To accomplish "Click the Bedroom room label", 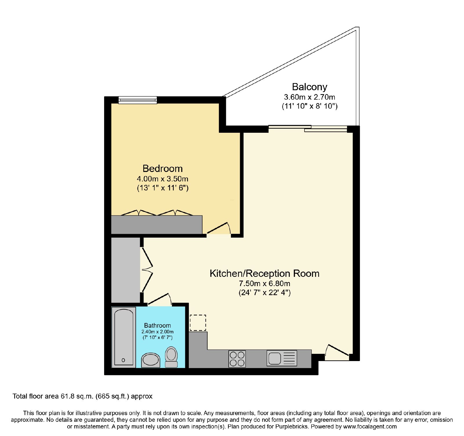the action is tap(162, 168).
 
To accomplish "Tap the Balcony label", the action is tap(309, 87).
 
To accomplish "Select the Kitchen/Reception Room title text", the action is tap(264, 273).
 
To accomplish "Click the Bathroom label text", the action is tap(157, 325).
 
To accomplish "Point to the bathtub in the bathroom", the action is tap(124, 337).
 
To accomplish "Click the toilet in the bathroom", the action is tap(171, 357).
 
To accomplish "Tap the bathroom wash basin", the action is tap(151, 360).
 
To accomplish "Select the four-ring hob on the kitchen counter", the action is tap(237, 359).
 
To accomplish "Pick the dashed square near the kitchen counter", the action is tap(198, 323).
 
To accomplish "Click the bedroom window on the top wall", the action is tap(138, 100).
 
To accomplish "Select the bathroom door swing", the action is tap(159, 299).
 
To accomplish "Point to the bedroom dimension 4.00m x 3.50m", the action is tap(162, 179).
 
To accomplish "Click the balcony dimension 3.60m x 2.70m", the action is tap(309, 97).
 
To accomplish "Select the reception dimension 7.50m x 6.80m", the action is tap(264, 283).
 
